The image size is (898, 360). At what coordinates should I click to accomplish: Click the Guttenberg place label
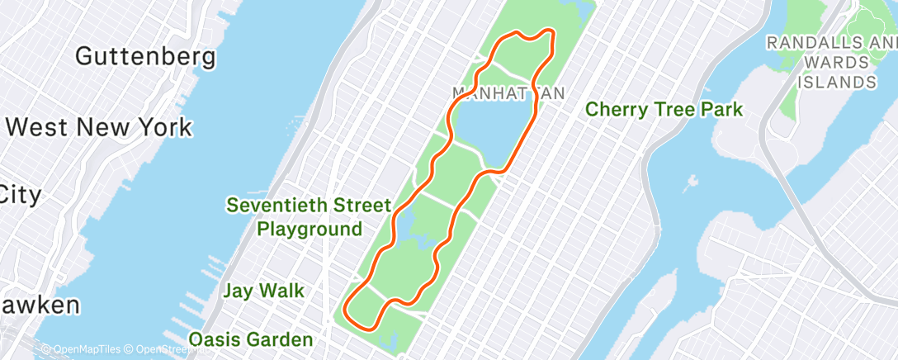pos(145,57)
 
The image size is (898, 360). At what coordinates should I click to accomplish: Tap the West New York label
pos(98,128)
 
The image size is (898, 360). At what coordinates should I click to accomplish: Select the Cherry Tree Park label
pos(664,109)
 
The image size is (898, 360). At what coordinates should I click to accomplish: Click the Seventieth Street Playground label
pos(310,216)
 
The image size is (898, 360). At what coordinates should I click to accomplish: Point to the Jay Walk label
pos(263,291)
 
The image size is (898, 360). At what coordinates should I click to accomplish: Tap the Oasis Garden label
pos(251,339)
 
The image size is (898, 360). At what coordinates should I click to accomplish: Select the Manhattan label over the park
pos(508,92)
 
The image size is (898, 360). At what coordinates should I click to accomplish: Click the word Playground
pos(310,229)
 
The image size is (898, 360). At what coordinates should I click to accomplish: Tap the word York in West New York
pos(163,128)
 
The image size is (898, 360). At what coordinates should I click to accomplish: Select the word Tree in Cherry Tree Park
pos(672,109)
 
